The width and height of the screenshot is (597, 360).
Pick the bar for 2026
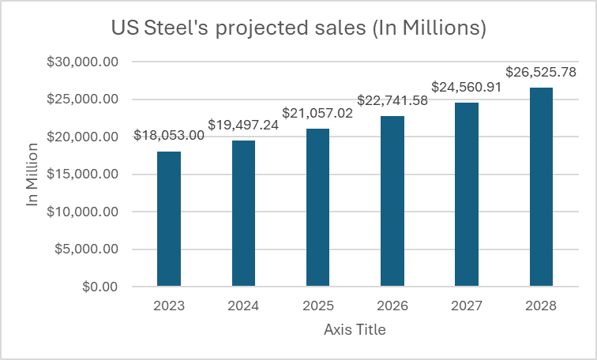pyautogui.click(x=392, y=201)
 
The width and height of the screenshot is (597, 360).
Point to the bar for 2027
pyautogui.click(x=467, y=194)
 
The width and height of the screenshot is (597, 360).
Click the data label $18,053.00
pyautogui.click(x=169, y=136)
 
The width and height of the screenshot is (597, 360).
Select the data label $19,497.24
pyautogui.click(x=243, y=125)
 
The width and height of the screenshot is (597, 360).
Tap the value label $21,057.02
pyautogui.click(x=317, y=113)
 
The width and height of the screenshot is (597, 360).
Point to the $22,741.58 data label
pyautogui.click(x=392, y=100)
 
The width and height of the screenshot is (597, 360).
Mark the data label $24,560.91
pyautogui.click(x=467, y=87)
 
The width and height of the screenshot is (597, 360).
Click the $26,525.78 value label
pyautogui.click(x=541, y=72)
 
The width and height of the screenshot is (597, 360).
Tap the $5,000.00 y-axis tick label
pyautogui.click(x=82, y=249)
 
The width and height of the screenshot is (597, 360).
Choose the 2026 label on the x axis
pyautogui.click(x=392, y=306)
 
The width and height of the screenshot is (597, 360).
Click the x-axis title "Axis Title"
pyautogui.click(x=355, y=330)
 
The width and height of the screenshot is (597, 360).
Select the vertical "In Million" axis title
pyautogui.click(x=32, y=174)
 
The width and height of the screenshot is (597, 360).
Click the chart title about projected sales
pyautogui.click(x=298, y=28)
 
